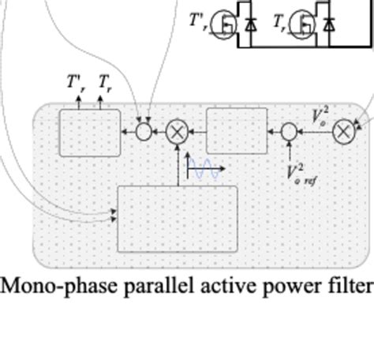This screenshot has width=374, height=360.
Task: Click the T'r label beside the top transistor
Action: pyautogui.click(x=200, y=25)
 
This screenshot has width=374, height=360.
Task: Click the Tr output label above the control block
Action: pyautogui.click(x=103, y=83)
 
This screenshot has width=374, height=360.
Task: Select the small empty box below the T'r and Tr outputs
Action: pyautogui.click(x=90, y=131)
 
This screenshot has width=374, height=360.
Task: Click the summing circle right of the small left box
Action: pyautogui.click(x=144, y=132)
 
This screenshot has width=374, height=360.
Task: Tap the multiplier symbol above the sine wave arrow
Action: pyautogui.click(x=178, y=132)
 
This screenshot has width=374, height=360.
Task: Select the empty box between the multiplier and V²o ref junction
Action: pyautogui.click(x=237, y=131)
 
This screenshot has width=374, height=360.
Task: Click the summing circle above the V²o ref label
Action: pyautogui.click(x=290, y=132)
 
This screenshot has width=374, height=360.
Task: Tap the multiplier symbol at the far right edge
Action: pyautogui.click(x=344, y=132)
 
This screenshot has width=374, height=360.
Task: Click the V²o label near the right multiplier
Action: pyautogui.click(x=320, y=117)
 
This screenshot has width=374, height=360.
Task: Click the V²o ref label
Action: pyautogui.click(x=303, y=173)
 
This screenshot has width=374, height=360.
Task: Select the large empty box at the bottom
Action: pyautogui.click(x=177, y=219)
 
